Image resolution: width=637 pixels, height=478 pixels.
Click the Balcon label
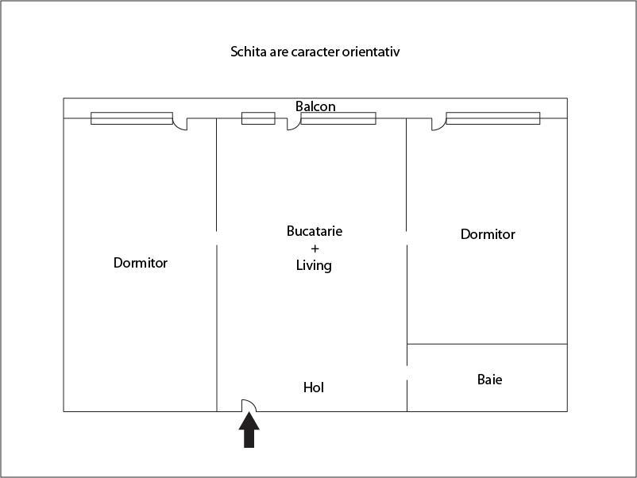[315, 106]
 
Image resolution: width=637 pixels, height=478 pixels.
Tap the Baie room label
[489, 380]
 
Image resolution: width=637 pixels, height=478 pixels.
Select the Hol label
[314, 387]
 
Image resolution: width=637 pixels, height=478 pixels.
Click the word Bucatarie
[315, 231]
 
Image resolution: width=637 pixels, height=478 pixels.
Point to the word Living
[314, 266]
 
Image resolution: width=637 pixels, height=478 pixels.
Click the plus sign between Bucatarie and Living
[315, 249]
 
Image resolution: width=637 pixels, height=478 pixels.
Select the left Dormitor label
[140, 263]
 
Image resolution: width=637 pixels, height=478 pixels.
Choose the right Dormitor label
[488, 234]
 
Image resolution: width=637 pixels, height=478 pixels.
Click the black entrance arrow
[249, 430]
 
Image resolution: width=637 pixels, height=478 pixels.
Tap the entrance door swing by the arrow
[249, 405]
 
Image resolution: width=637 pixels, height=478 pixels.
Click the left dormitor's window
[132, 118]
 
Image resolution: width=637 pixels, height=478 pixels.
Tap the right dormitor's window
[493, 118]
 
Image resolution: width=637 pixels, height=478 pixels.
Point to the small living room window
[258, 118]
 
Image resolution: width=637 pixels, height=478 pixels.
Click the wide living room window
[338, 118]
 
